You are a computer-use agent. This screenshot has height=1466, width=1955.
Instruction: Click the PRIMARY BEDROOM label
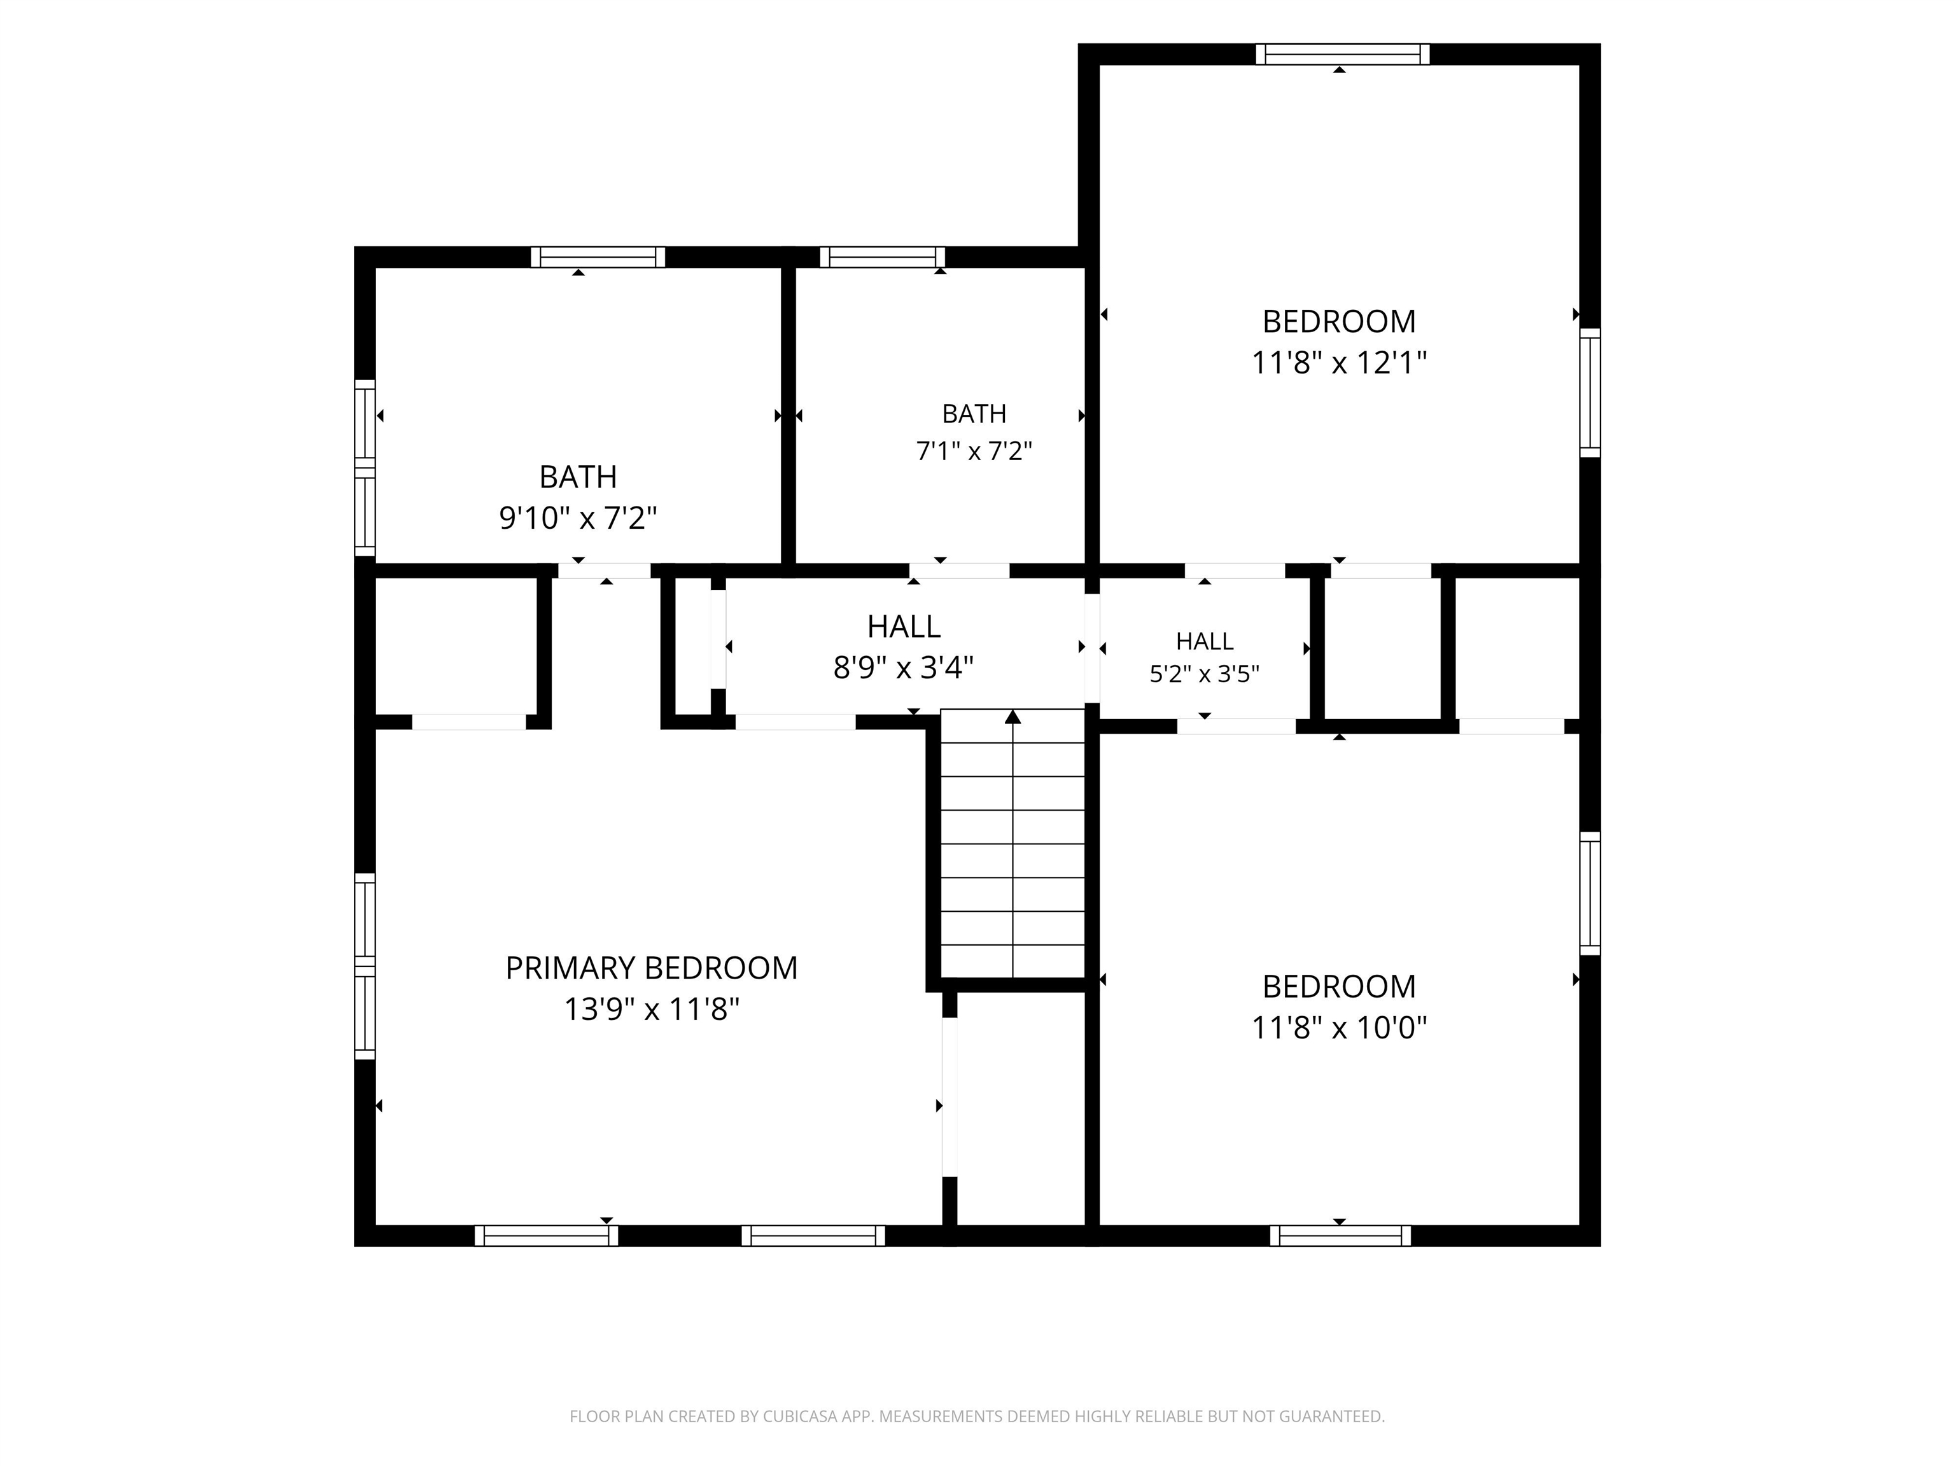pos(652,968)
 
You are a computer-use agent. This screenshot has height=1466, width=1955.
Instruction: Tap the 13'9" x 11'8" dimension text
pos(652,1009)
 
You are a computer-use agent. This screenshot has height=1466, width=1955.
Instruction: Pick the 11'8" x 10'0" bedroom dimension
pos(1339,1028)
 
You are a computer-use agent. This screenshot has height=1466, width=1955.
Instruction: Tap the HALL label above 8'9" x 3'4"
pos(903,627)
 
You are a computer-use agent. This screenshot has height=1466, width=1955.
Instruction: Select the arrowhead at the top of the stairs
pos(1013,716)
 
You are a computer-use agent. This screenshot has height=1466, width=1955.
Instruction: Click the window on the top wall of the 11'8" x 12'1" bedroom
pos(1343,54)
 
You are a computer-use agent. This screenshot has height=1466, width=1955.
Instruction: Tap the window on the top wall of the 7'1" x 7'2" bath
pos(882,257)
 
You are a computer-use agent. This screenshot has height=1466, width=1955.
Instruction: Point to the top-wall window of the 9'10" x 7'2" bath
pos(598,257)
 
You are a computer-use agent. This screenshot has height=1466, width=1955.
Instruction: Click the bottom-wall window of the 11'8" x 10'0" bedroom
pos(1340,1236)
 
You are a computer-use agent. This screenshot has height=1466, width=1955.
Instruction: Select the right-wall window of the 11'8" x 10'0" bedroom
pos(1590,893)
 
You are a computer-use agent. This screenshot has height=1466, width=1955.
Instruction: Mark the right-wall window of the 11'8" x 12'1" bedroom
pos(1590,393)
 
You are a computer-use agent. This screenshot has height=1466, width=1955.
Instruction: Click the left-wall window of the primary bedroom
pos(365,966)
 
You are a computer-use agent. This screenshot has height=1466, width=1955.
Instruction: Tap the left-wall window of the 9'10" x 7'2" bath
pos(365,468)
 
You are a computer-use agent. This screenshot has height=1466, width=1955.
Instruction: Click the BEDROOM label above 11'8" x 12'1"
pos(1339,322)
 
